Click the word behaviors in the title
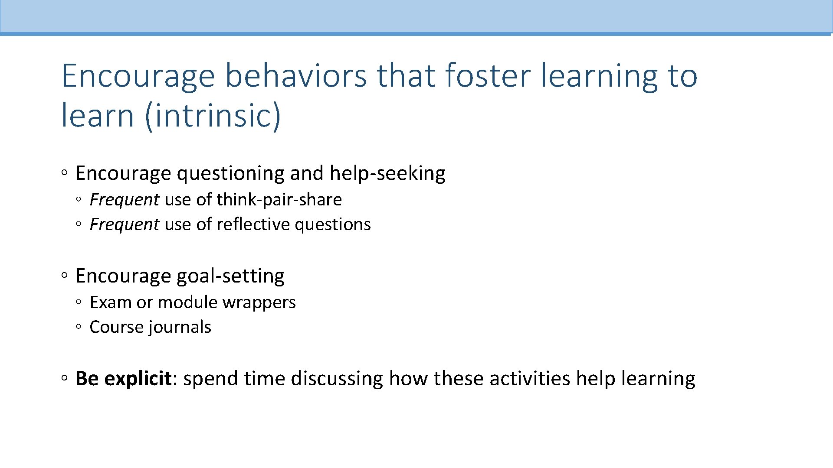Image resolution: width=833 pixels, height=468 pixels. pyautogui.click(x=296, y=75)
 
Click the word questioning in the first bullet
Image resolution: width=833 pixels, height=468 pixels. pyautogui.click(x=230, y=173)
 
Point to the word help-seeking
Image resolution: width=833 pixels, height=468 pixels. pyautogui.click(x=387, y=173)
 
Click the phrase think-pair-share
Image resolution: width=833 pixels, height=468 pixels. pyautogui.click(x=279, y=200)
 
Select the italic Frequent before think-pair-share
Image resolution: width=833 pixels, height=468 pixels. pyautogui.click(x=124, y=200)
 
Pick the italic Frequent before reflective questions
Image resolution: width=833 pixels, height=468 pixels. pyautogui.click(x=124, y=224)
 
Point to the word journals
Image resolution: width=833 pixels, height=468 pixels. pyautogui.click(x=180, y=327)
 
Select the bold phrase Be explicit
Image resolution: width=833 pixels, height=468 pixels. pyautogui.click(x=124, y=378)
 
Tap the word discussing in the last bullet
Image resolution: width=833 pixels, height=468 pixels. pyautogui.click(x=337, y=378)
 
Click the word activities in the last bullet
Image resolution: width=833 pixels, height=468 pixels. pyautogui.click(x=529, y=378)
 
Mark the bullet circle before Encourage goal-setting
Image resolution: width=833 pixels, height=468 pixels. pyautogui.click(x=64, y=276)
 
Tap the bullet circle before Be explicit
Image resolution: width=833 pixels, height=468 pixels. pyautogui.click(x=64, y=378)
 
